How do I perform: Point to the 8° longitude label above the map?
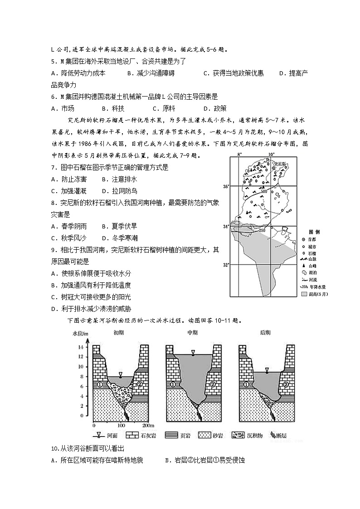[240, 155]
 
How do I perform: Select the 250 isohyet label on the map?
[262, 231]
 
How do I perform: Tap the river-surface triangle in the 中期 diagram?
[193, 352]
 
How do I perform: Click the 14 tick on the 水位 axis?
[82, 347]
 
